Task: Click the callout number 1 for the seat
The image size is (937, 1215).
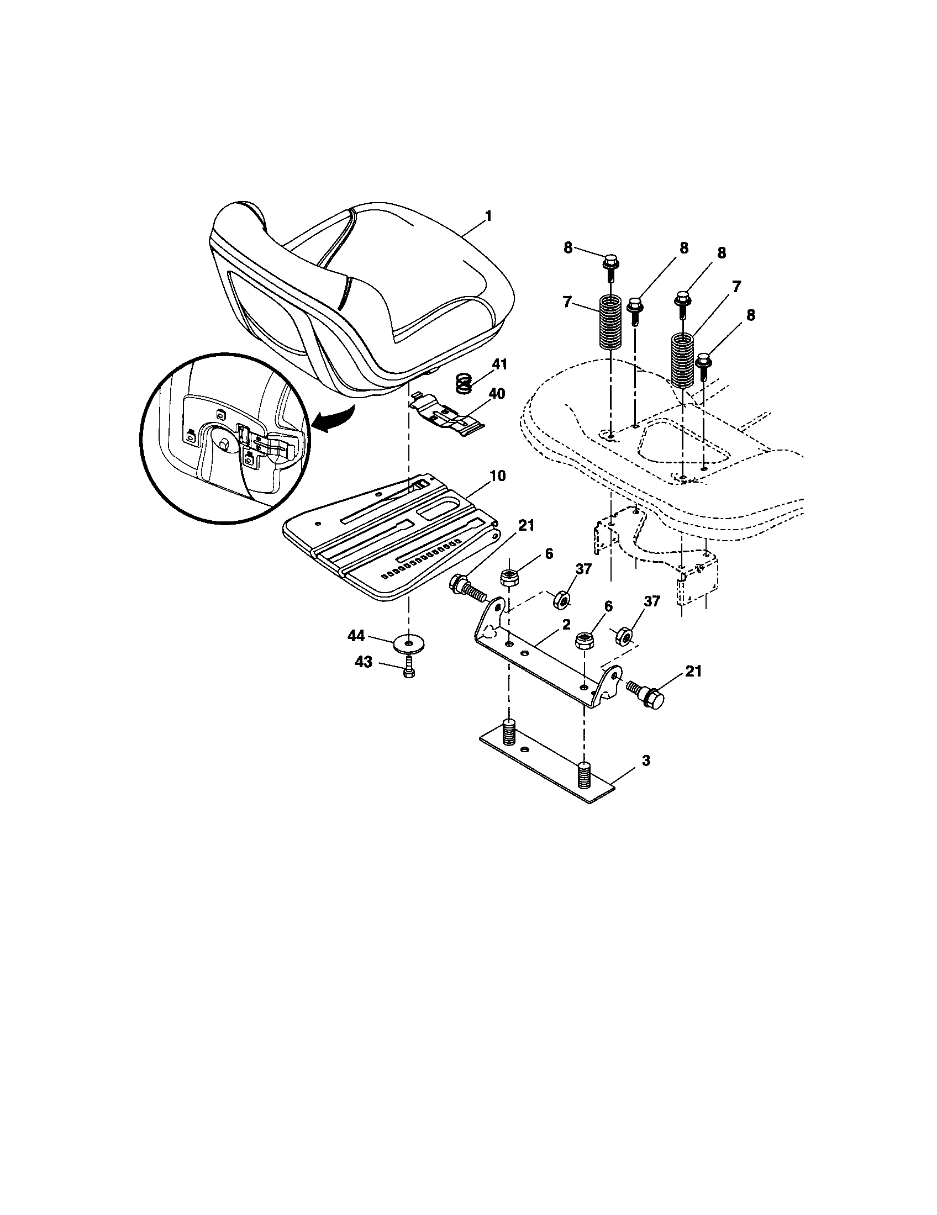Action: pos(488,216)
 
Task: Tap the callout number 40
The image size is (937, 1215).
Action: pos(496,394)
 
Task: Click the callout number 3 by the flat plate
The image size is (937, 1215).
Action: pos(645,760)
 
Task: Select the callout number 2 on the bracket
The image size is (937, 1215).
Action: pos(566,625)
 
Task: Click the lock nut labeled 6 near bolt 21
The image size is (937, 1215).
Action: pos(508,578)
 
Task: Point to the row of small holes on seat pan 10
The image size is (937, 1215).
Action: pos(422,556)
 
